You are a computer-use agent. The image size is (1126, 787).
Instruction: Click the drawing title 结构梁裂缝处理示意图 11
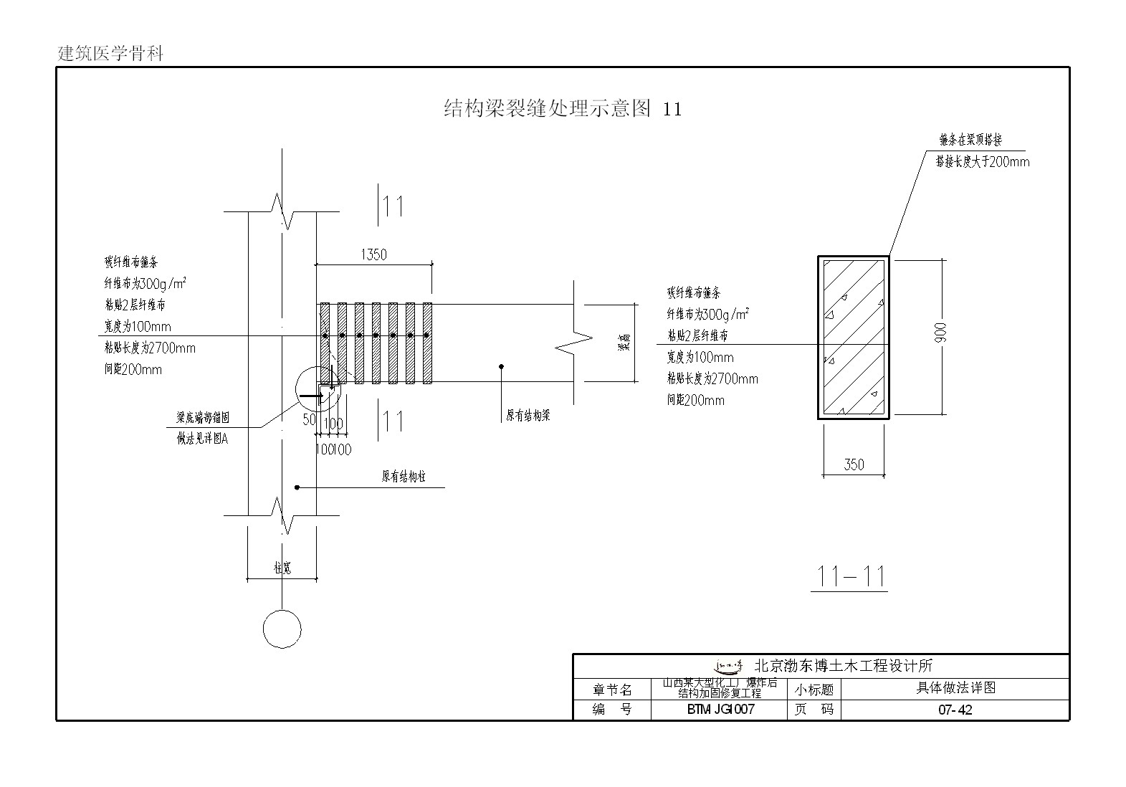click(563, 108)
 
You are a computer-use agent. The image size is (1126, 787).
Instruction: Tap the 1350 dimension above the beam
click(373, 254)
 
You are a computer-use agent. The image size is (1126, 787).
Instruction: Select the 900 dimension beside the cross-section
click(940, 333)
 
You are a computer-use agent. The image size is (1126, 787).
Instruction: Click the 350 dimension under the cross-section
click(854, 464)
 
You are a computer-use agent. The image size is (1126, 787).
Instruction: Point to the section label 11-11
click(851, 576)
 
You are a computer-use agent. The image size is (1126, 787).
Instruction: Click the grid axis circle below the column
click(282, 629)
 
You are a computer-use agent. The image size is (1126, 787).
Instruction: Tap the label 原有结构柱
click(404, 477)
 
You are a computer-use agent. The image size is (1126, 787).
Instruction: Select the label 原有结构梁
click(528, 416)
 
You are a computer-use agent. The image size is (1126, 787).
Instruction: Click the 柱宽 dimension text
click(282, 568)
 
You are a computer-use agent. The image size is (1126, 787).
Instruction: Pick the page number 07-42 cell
click(955, 710)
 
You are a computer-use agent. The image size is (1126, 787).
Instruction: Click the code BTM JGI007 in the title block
click(720, 710)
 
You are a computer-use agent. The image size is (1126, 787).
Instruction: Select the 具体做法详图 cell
click(955, 688)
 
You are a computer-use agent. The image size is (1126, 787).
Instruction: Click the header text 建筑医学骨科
click(110, 54)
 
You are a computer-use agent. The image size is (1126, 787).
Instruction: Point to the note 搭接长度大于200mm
click(982, 162)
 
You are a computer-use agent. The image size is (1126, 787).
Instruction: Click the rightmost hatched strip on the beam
click(427, 343)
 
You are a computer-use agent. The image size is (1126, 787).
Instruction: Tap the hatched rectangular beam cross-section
click(854, 337)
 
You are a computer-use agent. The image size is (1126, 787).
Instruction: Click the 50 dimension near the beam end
click(309, 419)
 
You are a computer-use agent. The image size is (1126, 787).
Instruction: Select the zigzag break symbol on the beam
click(574, 343)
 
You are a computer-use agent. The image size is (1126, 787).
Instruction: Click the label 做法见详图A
click(202, 439)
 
